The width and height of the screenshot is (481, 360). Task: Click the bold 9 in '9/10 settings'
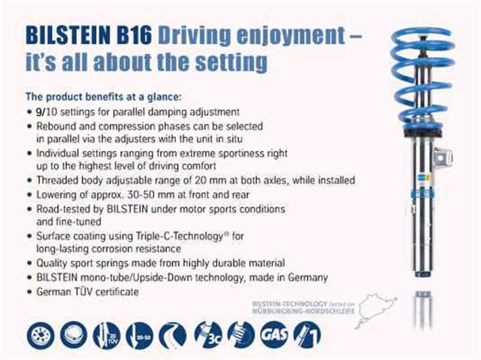tap(40, 111)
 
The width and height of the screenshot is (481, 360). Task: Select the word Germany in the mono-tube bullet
tap(308, 278)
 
